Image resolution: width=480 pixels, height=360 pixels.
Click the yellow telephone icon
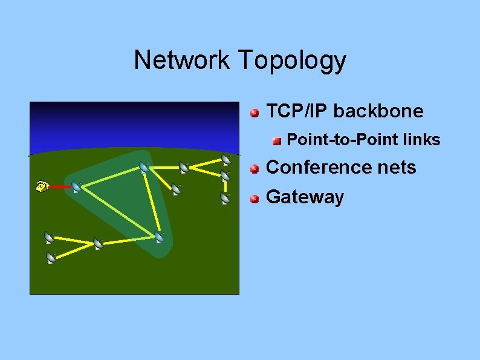coord(42,186)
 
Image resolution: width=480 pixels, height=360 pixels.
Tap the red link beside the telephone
coord(60,188)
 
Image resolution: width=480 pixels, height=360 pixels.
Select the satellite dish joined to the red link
coord(77,187)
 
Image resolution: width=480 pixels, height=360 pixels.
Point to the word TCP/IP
coord(297,111)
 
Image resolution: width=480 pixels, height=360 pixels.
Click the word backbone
coord(378,111)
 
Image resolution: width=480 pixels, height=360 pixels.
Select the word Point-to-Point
coord(341,140)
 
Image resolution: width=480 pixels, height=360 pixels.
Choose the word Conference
coord(322,167)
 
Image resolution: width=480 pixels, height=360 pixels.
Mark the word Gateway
coord(305,197)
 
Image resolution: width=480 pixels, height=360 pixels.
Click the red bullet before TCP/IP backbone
coord(256,112)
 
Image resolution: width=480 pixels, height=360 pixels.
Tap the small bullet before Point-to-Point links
coord(277,140)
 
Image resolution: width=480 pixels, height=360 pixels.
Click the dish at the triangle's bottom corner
coord(159,237)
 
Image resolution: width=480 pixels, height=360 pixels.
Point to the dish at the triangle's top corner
coord(144,167)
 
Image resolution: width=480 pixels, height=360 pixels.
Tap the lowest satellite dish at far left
coord(51,258)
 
